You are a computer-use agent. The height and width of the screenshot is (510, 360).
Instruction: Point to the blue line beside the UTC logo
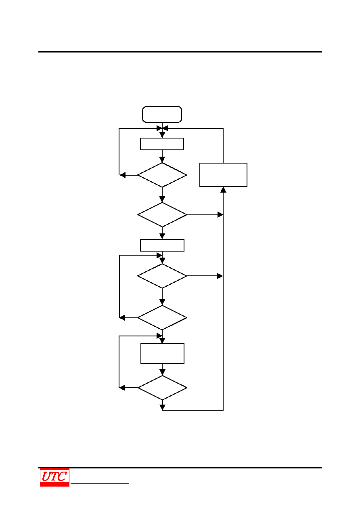pos(100,484)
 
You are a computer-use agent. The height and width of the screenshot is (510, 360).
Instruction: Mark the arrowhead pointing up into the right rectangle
pos(223,190)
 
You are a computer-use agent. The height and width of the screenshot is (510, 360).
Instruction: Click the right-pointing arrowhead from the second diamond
pos(220,215)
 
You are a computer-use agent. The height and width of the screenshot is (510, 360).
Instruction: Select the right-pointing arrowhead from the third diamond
pos(220,276)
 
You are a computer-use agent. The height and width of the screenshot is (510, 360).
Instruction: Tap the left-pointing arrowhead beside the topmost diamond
pos(123,175)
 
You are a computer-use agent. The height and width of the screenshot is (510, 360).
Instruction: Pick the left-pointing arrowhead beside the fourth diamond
pos(122,318)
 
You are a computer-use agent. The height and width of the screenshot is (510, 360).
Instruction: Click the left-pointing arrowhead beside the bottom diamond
pos(122,388)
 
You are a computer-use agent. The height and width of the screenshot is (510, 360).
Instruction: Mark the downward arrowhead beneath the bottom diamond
pos(163,407)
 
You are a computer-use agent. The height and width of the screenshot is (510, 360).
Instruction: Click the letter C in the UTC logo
pos(62,476)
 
